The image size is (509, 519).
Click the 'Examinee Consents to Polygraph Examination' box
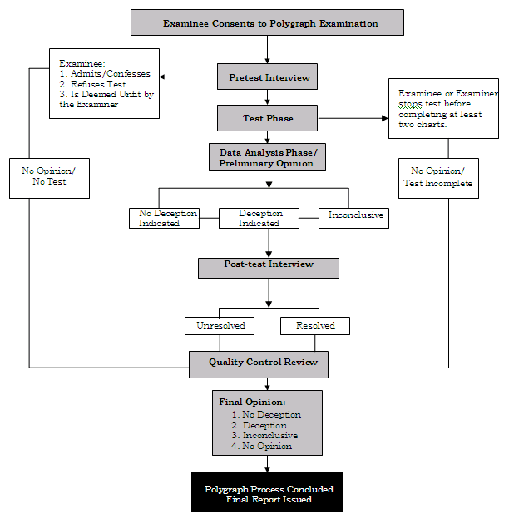[x=267, y=23]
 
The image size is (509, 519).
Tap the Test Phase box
[x=268, y=119]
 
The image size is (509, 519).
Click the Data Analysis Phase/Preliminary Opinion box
[x=266, y=157]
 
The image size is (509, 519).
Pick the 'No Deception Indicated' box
[x=168, y=218]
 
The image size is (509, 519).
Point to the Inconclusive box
[x=355, y=215]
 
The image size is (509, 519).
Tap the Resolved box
[x=315, y=325]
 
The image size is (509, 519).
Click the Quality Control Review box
[x=258, y=363]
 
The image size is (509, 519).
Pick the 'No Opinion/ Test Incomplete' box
[x=436, y=177]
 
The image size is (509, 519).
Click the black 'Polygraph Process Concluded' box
[x=266, y=494]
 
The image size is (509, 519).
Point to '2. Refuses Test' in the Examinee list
[x=93, y=84]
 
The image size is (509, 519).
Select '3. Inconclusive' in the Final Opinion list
[x=264, y=435]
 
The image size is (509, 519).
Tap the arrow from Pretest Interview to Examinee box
[x=188, y=77]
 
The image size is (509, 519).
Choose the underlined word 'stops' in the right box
[x=410, y=105]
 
